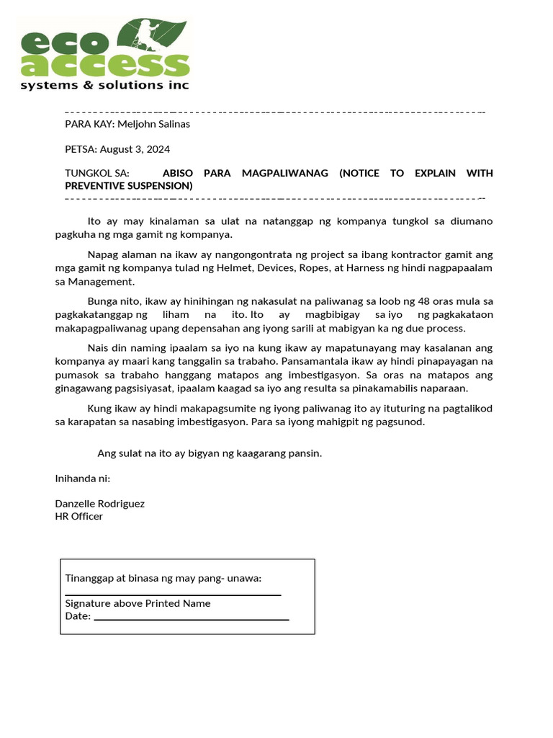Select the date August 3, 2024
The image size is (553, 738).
(x=137, y=149)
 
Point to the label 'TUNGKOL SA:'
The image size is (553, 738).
(x=97, y=174)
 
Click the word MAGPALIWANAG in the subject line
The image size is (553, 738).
(x=284, y=174)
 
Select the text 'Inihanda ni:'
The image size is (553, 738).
(x=83, y=479)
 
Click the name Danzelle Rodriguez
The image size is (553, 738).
(x=100, y=504)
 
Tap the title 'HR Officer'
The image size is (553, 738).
(x=79, y=516)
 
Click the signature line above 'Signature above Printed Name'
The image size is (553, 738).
(x=173, y=595)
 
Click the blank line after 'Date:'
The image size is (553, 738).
(x=191, y=618)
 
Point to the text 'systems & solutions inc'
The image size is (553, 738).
(x=104, y=85)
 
